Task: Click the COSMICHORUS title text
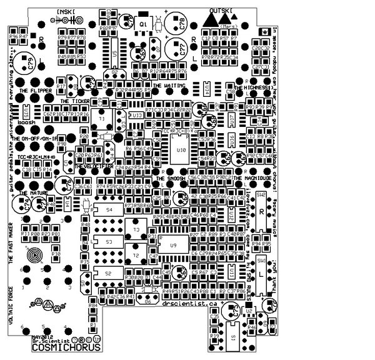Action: pos(56,347)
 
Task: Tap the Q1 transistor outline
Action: pos(143,24)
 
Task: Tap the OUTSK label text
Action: pos(221,11)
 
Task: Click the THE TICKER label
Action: pos(74,100)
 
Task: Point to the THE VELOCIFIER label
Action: pos(93,167)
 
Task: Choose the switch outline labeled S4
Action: pos(110,210)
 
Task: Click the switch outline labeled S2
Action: pos(108,274)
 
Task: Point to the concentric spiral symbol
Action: pos(36,255)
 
